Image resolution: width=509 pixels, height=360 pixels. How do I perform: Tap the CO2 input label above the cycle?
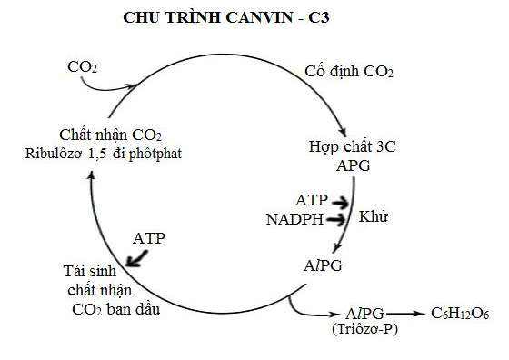pyautogui.click(x=85, y=67)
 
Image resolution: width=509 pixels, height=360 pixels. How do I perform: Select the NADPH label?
pyautogui.click(x=294, y=219)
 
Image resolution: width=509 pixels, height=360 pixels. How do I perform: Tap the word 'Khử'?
pyautogui.click(x=374, y=217)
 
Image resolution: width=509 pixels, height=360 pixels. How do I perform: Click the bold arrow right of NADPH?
pyautogui.click(x=337, y=220)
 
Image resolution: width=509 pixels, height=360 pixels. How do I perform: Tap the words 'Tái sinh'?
pyautogui.click(x=91, y=271)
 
